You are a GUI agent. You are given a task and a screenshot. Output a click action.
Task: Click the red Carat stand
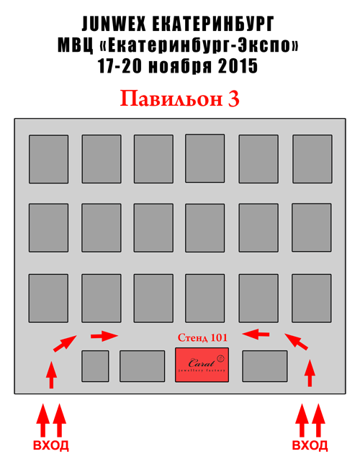click(202, 365)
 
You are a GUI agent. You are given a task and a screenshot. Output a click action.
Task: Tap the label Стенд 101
click(202, 337)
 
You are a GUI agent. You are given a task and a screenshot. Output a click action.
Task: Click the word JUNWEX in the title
click(114, 24)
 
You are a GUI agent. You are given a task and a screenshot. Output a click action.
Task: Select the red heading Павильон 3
click(180, 99)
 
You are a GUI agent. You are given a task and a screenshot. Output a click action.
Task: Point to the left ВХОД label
click(51, 445)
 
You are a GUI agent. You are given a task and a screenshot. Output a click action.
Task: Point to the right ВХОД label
click(310, 445)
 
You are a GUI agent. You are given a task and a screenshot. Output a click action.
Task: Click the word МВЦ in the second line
click(75, 45)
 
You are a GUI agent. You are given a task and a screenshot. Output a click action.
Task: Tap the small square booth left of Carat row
click(95, 366)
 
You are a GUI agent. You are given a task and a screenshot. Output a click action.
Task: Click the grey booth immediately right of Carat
click(265, 366)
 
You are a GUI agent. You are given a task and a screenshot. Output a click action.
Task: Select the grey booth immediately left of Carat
click(142, 366)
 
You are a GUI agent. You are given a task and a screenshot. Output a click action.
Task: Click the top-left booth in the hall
click(48, 159)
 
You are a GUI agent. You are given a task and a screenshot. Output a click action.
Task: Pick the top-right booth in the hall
click(312, 159)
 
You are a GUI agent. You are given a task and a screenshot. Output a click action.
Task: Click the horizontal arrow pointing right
click(104, 336)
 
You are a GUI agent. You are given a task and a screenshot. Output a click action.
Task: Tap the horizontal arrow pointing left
click(256, 335)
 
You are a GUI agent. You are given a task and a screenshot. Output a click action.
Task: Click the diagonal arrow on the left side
click(65, 344)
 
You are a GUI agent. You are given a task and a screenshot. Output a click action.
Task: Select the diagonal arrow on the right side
click(297, 342)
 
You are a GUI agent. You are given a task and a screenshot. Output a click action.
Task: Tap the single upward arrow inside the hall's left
click(52, 375)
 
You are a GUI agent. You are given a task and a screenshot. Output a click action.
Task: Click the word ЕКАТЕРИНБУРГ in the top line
click(213, 24)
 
